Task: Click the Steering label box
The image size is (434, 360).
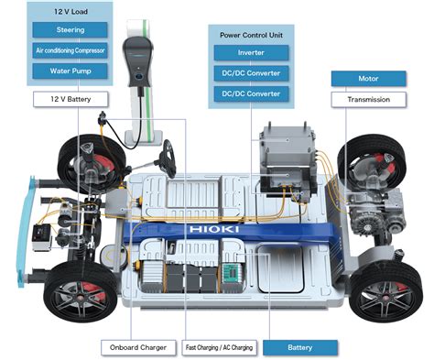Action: [x=70, y=30]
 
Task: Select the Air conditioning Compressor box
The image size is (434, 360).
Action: [x=70, y=50]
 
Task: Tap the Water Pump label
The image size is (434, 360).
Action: [x=70, y=71]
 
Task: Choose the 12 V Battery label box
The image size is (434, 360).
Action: [x=71, y=99]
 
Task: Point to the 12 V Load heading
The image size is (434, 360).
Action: [x=71, y=12]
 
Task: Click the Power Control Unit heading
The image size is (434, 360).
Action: [x=251, y=35]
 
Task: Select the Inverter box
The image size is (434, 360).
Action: [x=251, y=53]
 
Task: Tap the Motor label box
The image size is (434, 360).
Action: [x=369, y=79]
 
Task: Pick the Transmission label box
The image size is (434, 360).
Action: [x=369, y=100]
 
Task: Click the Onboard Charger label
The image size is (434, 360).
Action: [x=138, y=347]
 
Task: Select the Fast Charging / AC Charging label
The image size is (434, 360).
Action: [x=220, y=347]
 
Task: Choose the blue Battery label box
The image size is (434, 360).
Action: [x=300, y=347]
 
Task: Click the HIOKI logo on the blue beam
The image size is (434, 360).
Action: [x=213, y=229]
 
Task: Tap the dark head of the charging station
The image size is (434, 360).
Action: [x=138, y=62]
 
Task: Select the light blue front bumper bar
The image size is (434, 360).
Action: [x=25, y=231]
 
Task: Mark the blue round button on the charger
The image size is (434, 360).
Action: [x=139, y=76]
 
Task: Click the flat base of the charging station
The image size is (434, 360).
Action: [x=144, y=137]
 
